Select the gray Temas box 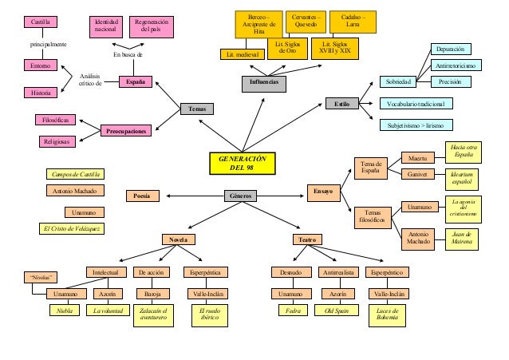(x=197, y=109)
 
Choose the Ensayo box (x=324, y=192)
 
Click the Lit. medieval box (x=242, y=54)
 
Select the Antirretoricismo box (x=455, y=65)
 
